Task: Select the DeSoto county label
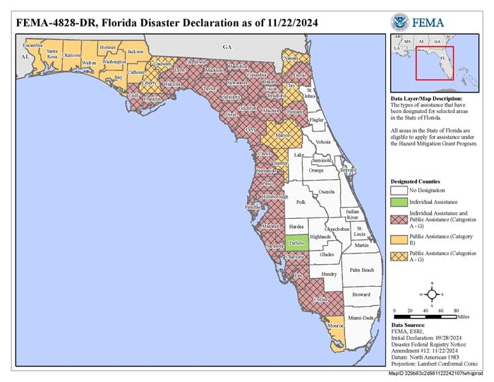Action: [x=296, y=243]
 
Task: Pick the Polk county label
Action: [x=301, y=202]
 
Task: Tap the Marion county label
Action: [x=284, y=135]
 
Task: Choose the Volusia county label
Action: [x=323, y=142]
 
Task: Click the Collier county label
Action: [x=321, y=299]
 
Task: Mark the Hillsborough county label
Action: [x=275, y=196]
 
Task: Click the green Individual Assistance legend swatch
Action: [x=399, y=203]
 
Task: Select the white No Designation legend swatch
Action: [x=399, y=189]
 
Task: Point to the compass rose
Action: [x=431, y=294]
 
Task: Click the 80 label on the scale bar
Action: [x=456, y=311]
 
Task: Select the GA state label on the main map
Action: [x=227, y=47]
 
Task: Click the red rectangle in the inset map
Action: [x=435, y=64]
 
